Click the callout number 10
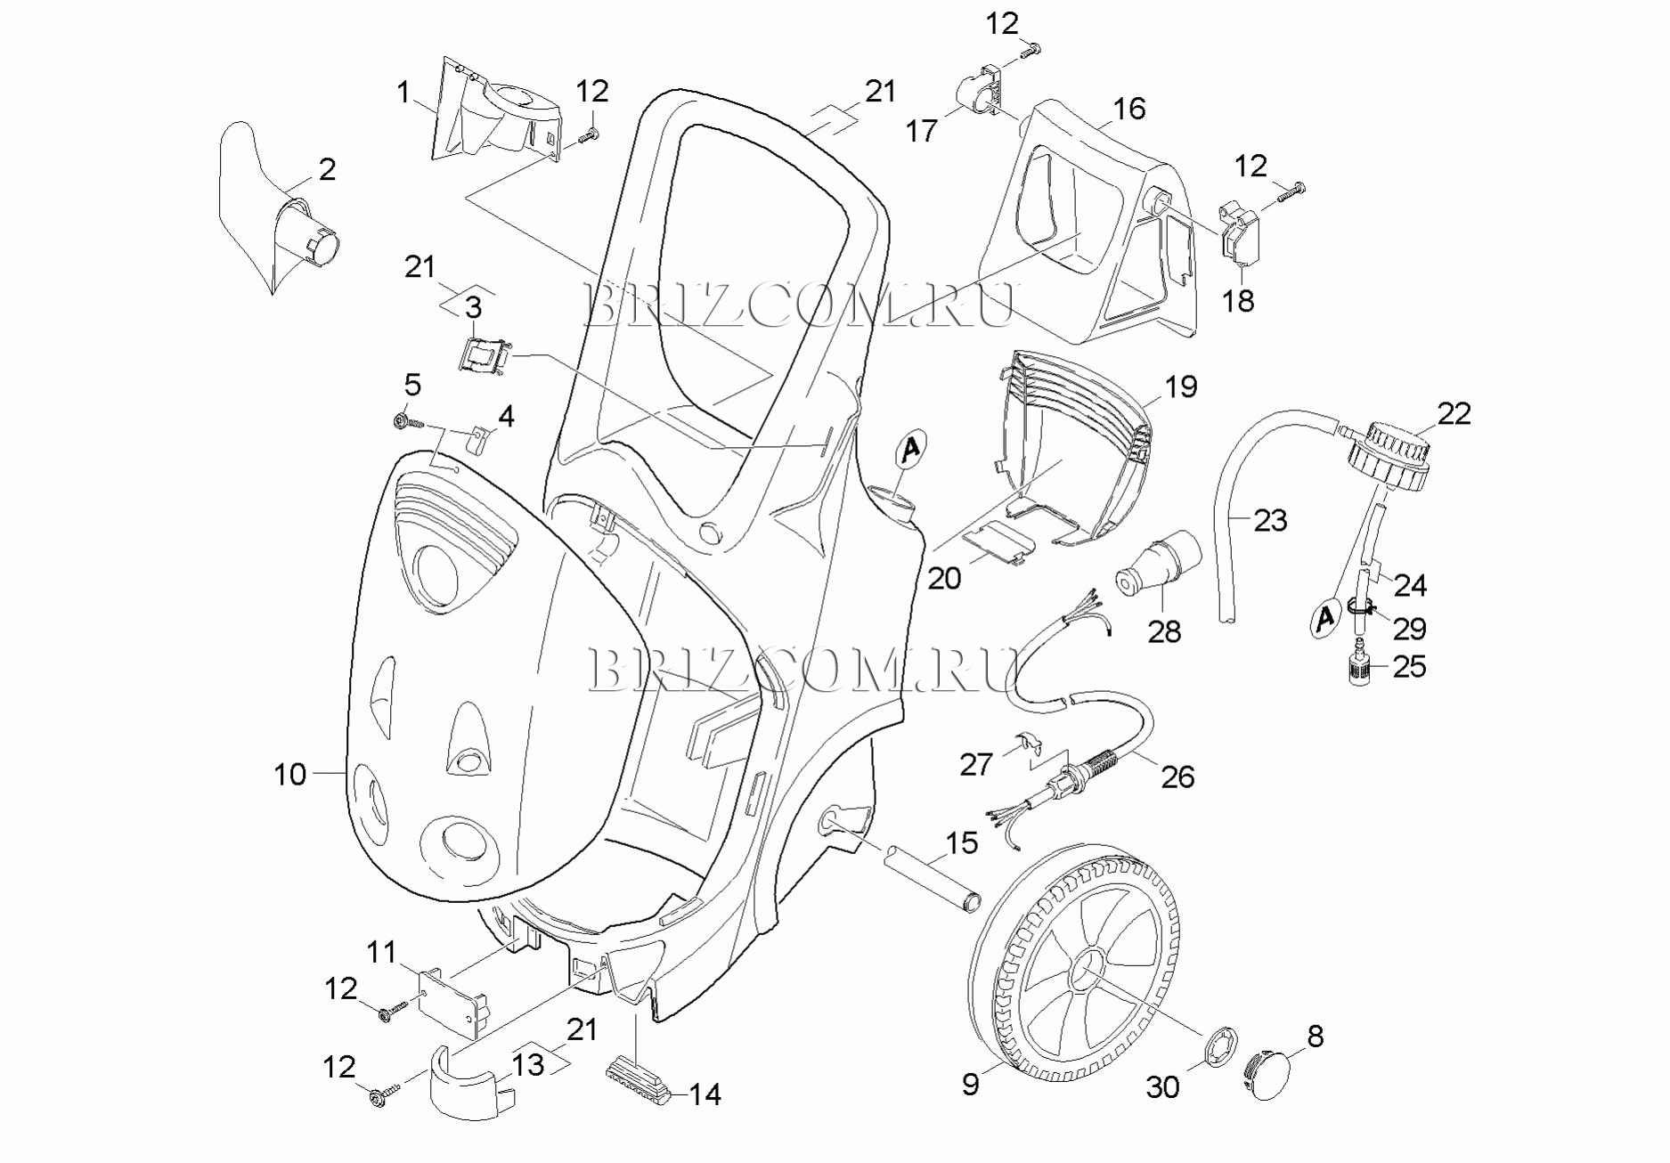click(289, 775)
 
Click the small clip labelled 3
click(485, 354)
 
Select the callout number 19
click(1181, 387)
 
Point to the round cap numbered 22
click(1389, 457)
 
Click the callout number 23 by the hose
click(1270, 520)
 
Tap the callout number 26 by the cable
click(1177, 777)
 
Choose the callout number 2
click(328, 169)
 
